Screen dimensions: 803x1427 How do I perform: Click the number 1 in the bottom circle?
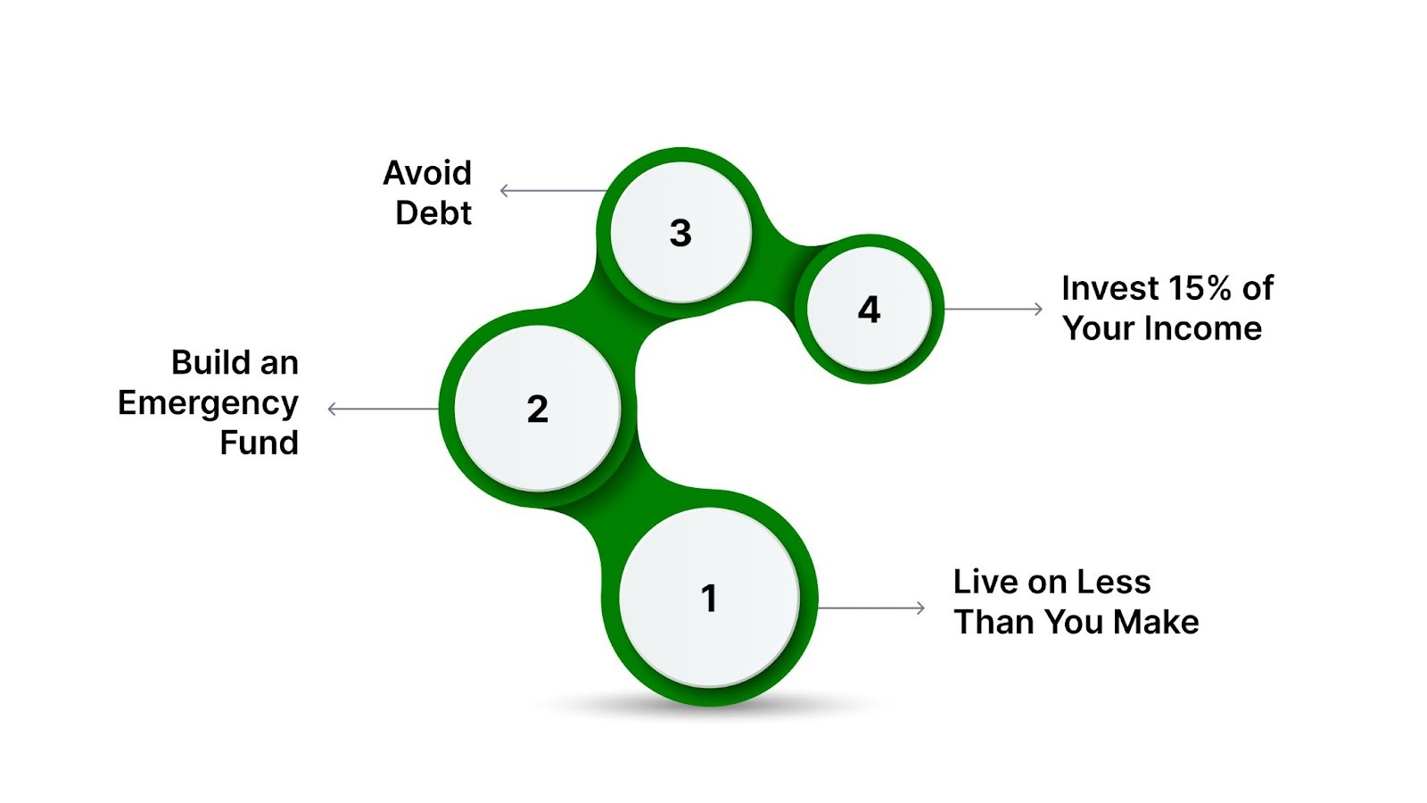pos(709,599)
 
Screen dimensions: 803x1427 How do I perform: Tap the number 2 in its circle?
pos(537,410)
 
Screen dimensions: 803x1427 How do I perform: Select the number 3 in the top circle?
pos(681,234)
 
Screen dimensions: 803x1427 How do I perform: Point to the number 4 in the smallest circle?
pos(869,310)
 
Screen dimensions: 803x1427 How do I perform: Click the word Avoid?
pos(427,173)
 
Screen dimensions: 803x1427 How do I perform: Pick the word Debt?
pos(433,213)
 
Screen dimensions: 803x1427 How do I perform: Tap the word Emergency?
pos(208,403)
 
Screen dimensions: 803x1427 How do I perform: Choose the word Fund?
pos(259,443)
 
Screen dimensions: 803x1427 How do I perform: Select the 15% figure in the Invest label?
pos(1200,288)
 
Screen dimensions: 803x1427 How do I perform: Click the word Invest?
pos(1109,288)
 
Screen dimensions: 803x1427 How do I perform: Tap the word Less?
pos(1114,582)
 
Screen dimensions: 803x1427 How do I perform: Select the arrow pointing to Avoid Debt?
pos(553,190)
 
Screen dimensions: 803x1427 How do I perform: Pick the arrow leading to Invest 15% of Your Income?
pos(993,309)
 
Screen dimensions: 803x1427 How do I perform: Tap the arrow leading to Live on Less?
pos(871,608)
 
